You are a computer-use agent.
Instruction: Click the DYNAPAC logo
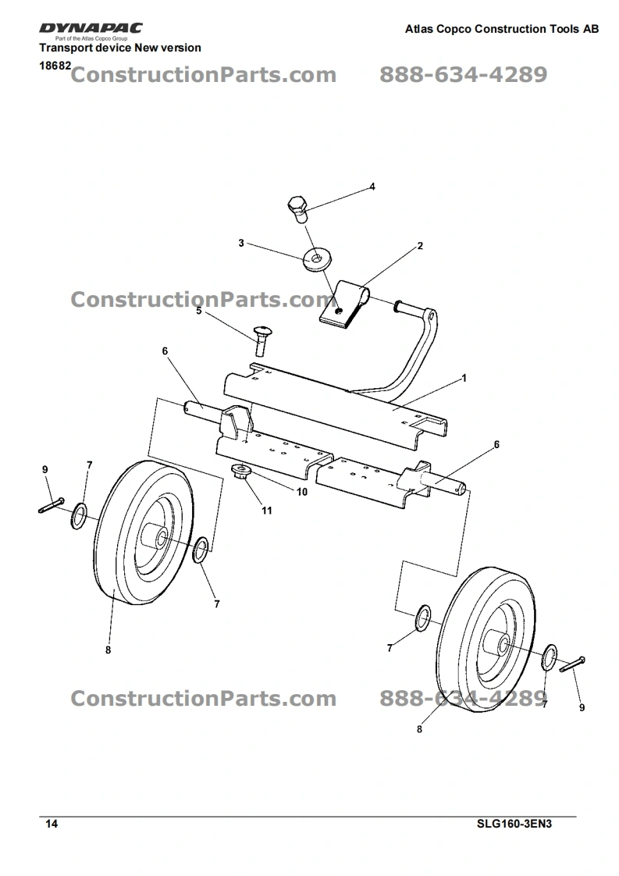coord(91,30)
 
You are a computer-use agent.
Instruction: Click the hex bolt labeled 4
coord(297,209)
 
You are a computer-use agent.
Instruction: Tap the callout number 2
coord(420,246)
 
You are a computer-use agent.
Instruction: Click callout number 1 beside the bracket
coord(464,379)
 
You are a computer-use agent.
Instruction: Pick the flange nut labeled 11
coord(240,472)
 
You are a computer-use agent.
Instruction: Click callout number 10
coord(301,492)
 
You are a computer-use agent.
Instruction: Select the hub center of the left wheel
coord(158,539)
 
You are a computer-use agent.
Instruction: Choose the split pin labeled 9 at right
coord(572,664)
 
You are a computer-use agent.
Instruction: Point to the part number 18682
coord(55,67)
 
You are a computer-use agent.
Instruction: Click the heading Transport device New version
coord(120,48)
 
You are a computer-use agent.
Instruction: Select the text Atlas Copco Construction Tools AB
coord(502,29)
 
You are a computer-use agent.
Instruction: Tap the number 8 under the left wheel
coord(108,649)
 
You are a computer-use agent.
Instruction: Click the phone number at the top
coord(463,75)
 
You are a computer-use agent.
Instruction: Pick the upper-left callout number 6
coord(165,351)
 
